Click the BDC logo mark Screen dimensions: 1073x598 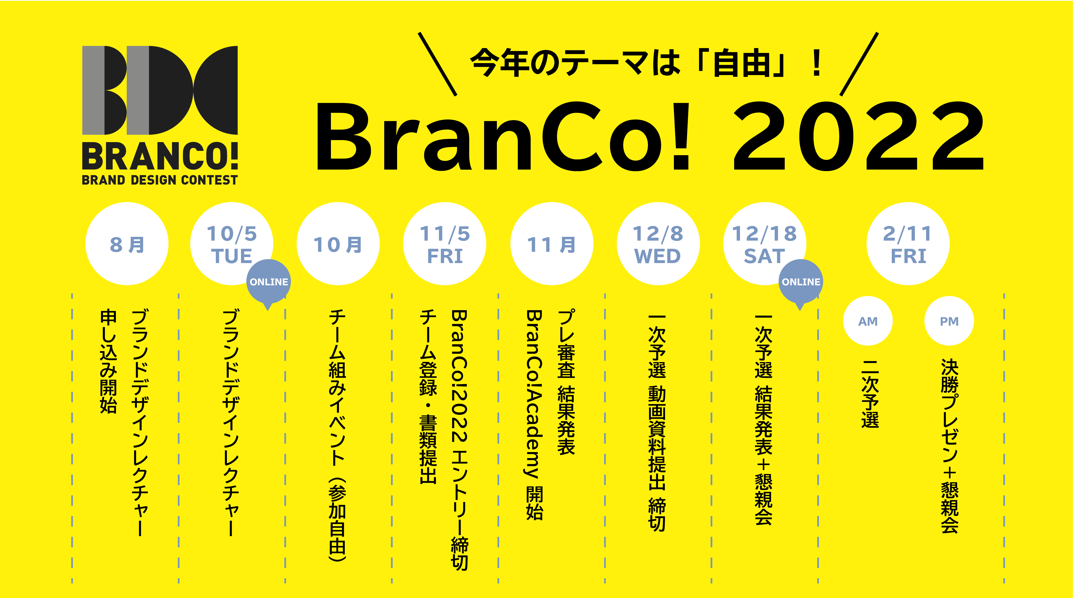click(160, 90)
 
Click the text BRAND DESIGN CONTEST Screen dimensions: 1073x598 click(160, 180)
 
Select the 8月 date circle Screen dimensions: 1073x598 click(127, 244)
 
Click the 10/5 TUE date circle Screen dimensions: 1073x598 click(232, 244)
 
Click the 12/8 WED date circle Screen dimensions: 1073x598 click(658, 244)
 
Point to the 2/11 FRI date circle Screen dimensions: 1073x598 click(908, 244)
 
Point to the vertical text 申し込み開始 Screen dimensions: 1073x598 click(108, 361)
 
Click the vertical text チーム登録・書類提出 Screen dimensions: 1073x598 click(428, 397)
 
